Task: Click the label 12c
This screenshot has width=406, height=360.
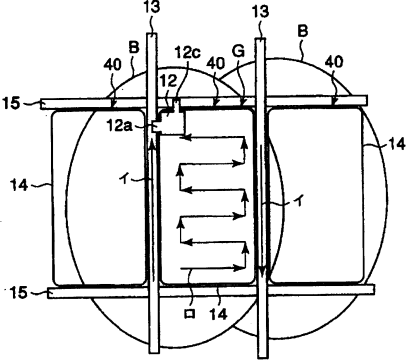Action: coord(188,52)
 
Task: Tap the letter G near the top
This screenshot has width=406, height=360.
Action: coord(239,51)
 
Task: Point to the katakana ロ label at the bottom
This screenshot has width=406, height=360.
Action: coord(190,314)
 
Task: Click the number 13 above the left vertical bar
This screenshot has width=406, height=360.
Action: coord(152,7)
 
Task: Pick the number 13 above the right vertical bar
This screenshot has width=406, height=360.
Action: coord(260,11)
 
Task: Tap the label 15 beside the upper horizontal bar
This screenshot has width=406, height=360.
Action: coord(12,103)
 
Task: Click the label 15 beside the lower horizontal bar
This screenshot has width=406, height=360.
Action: coord(16,293)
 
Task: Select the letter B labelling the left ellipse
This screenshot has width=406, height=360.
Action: coord(134,48)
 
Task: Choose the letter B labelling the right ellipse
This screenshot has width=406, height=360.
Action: coord(303,31)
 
